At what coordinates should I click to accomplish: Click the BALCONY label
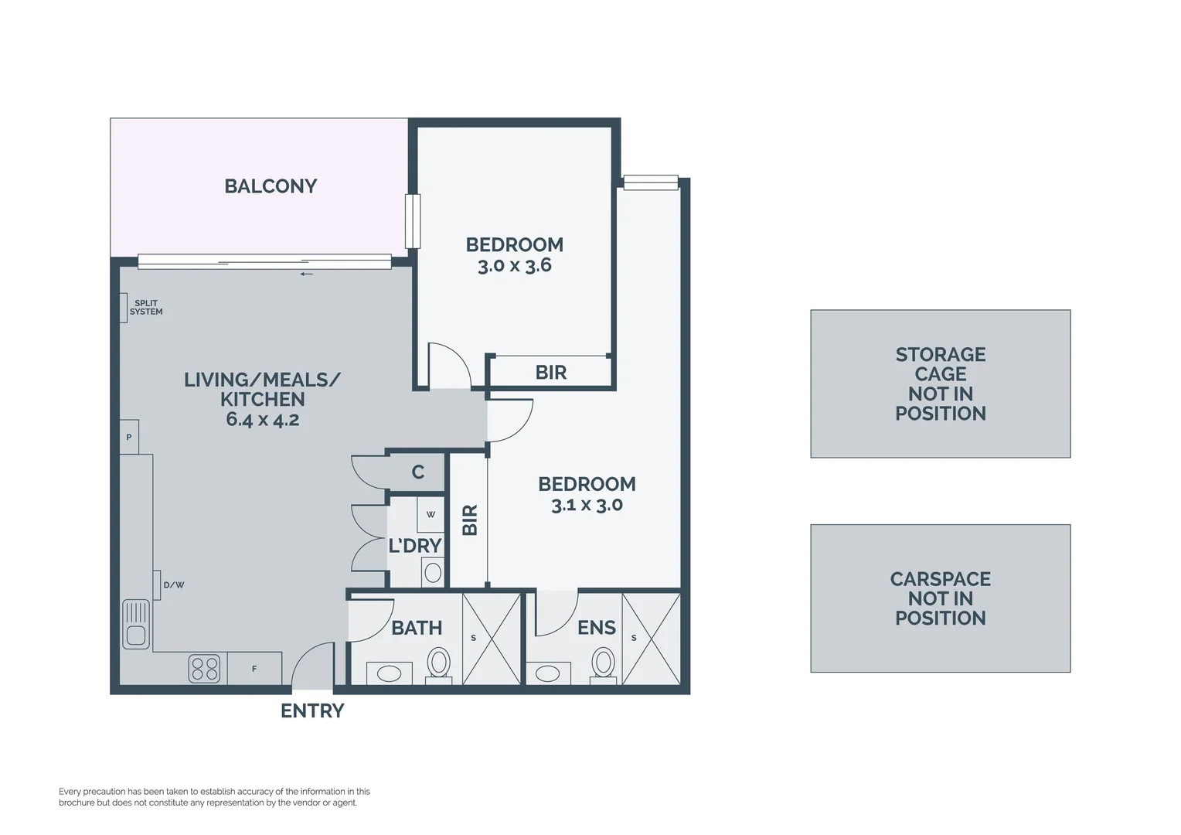tap(271, 186)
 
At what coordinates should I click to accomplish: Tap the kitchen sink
tap(136, 624)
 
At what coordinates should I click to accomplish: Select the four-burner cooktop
tap(205, 669)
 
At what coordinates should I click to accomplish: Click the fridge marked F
tap(254, 669)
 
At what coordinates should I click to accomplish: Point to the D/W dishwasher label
tap(173, 585)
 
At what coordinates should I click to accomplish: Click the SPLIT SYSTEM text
tap(146, 308)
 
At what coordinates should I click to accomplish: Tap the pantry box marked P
tap(129, 437)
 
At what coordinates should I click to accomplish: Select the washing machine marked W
tap(431, 514)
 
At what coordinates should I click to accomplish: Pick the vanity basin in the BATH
tap(390, 673)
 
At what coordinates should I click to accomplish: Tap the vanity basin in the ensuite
tap(548, 673)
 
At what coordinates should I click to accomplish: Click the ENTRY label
tap(312, 711)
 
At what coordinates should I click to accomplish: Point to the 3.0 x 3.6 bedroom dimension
tap(515, 265)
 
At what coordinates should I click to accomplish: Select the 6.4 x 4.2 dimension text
tap(263, 420)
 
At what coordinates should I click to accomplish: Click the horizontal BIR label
tap(551, 373)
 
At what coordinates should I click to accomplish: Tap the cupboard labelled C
tap(417, 472)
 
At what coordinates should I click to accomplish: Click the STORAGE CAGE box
tap(941, 383)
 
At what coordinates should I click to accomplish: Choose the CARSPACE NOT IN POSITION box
tap(941, 598)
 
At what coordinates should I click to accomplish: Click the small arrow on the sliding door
tap(307, 274)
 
